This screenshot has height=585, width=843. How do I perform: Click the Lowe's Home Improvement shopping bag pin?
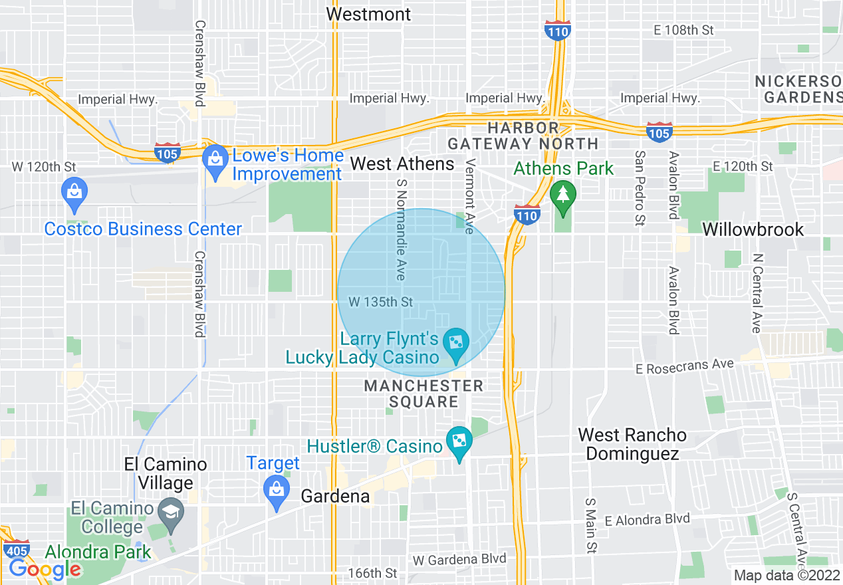[x=215, y=160]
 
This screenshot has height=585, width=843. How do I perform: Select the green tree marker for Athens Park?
[x=563, y=195]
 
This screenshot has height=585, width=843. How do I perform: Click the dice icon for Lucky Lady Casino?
[x=457, y=343]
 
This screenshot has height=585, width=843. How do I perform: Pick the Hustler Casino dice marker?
[x=459, y=441]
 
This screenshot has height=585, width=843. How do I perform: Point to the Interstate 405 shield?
[x=16, y=550]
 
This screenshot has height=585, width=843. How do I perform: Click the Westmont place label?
[x=369, y=14]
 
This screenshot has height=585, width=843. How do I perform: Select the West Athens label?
[x=402, y=164]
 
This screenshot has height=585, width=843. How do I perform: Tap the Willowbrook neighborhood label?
[x=753, y=229]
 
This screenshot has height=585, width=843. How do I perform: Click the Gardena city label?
[x=335, y=496]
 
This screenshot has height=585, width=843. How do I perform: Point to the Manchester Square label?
[x=423, y=394]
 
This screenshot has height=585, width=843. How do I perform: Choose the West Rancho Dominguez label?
[x=632, y=444]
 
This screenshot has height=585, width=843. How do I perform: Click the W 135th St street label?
[x=380, y=302]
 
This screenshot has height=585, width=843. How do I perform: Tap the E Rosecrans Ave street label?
[x=685, y=366]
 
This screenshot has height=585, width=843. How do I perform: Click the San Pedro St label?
[x=640, y=188]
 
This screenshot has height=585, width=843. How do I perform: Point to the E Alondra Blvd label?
[x=647, y=519]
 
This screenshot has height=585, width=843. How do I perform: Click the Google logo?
[x=44, y=568]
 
